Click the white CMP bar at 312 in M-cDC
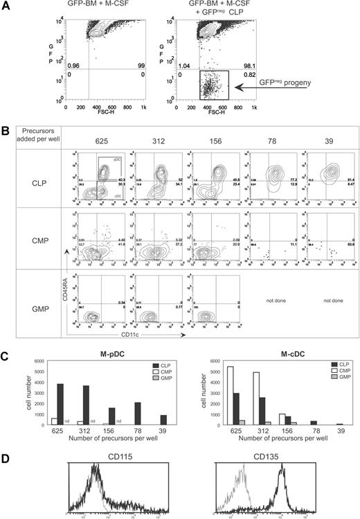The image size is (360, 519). [237, 398]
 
